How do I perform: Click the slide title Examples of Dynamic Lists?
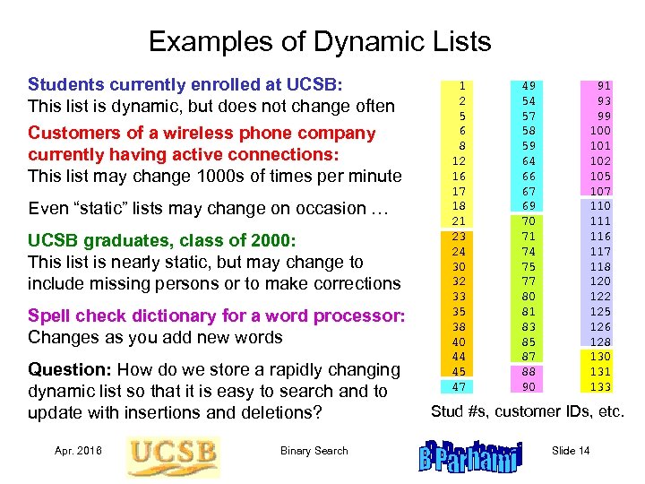point(320,41)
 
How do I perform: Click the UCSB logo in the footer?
point(173,455)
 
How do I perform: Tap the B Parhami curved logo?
point(470,456)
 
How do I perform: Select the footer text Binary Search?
point(314,451)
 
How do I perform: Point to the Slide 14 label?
point(571,451)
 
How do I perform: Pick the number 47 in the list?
point(459,386)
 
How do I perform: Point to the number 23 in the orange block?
point(459,237)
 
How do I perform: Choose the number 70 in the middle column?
point(529,221)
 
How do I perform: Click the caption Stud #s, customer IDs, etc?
point(526,412)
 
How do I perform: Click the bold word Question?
point(70,369)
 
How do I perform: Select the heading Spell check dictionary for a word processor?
point(217,315)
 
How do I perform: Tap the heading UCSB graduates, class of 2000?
point(161,240)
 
